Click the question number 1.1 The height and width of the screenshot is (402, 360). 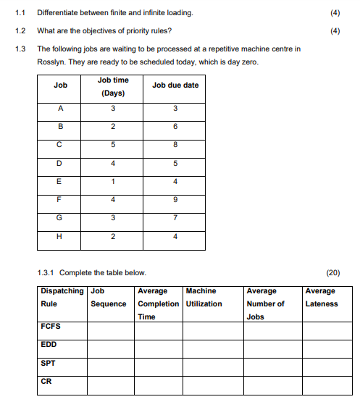(20, 13)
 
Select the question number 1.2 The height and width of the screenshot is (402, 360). (20, 31)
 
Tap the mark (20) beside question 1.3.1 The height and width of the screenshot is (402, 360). (333, 273)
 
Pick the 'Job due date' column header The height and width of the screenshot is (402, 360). (175, 85)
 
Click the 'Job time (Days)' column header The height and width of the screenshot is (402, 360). (113, 86)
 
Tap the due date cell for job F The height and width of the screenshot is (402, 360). (175, 198)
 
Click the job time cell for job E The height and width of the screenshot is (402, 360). (113, 181)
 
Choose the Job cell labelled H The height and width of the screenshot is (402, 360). (61, 236)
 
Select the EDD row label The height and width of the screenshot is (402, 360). (49, 345)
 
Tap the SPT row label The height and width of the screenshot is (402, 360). (49, 363)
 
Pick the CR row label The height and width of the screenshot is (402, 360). (46, 380)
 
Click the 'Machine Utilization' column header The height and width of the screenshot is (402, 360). (204, 298)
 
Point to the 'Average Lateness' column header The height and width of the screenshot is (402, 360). (322, 298)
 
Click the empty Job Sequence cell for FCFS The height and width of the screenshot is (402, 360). (110, 330)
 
